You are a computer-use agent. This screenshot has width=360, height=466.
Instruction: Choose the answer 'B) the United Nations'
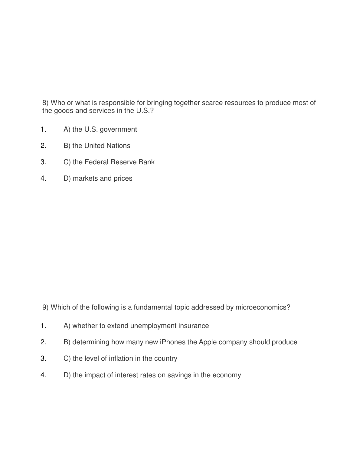pos(97,146)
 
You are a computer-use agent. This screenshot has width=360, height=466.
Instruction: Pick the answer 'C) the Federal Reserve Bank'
pos(109,162)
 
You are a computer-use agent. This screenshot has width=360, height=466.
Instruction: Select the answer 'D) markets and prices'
pos(98,179)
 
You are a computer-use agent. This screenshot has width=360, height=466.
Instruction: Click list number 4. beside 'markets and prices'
pos(44,179)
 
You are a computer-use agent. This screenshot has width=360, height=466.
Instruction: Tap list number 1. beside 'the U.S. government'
pos(44,130)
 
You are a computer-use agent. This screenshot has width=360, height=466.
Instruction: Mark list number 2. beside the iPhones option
pos(44,342)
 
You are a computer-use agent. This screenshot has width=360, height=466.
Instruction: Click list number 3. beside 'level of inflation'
pos(44,359)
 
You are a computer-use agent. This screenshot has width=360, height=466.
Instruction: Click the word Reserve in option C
pos(123,162)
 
